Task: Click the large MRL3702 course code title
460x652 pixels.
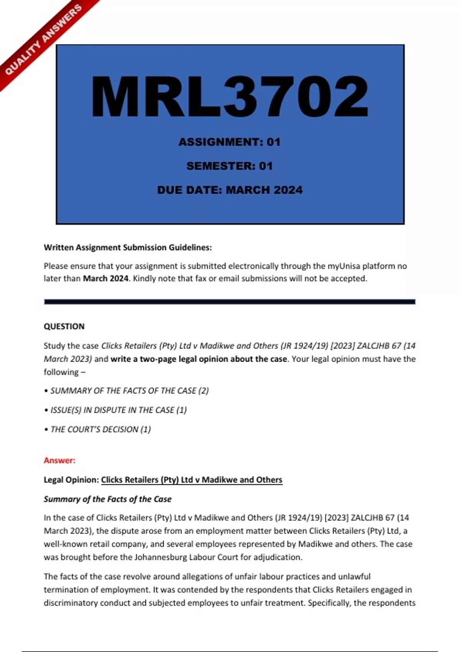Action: (230, 97)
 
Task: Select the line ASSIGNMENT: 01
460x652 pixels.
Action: (230, 142)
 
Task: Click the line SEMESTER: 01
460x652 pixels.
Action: (230, 166)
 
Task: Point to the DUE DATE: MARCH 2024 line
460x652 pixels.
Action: (230, 190)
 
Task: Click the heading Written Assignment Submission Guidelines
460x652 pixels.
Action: (128, 247)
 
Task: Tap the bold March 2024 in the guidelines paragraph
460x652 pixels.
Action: (105, 278)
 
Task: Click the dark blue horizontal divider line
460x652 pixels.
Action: (230, 302)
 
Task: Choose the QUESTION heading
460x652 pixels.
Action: (64, 326)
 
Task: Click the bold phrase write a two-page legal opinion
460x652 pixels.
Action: (199, 359)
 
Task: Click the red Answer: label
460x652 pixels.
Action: (59, 460)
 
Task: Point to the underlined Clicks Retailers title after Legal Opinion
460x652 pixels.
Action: (192, 480)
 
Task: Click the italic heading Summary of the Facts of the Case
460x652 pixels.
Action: (108, 499)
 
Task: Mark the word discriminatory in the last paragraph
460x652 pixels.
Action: (71, 603)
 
